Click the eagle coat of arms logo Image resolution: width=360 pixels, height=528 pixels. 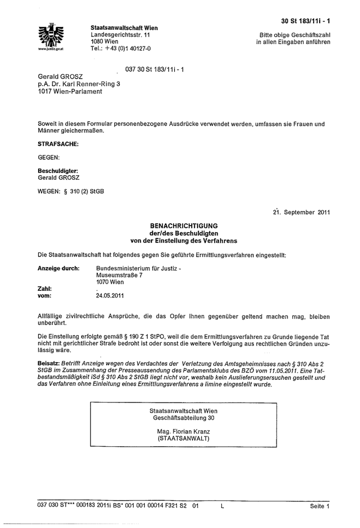tap(53, 35)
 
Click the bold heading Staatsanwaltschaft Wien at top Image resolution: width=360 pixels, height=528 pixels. tap(124, 28)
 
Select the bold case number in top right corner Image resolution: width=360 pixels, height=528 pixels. tap(306, 21)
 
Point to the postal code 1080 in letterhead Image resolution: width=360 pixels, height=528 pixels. tap(98, 42)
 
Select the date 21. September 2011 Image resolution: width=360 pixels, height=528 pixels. tap(301, 212)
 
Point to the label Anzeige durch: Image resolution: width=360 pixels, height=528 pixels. tap(58, 268)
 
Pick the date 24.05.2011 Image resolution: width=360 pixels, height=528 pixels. tap(110, 296)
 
